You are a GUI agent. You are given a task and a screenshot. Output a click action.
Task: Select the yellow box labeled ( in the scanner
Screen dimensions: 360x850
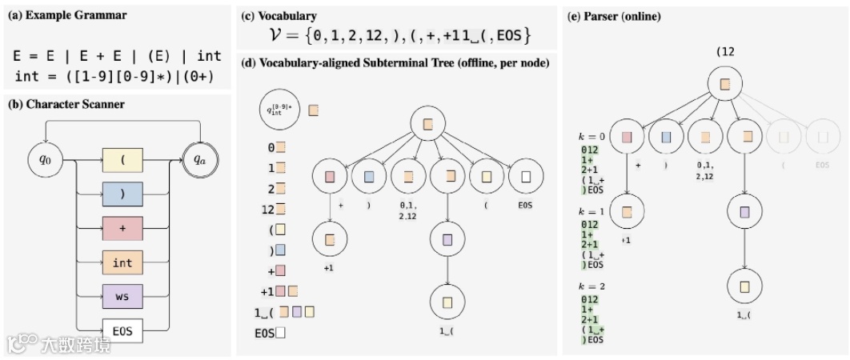tap(122, 159)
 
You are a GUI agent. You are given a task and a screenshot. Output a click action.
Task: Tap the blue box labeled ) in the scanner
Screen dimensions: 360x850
tap(122, 194)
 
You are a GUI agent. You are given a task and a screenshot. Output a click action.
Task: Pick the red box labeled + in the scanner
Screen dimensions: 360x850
tap(122, 229)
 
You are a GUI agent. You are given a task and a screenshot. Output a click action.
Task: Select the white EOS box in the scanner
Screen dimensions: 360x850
tap(122, 330)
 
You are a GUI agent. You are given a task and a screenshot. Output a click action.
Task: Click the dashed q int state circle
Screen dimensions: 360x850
tap(280, 110)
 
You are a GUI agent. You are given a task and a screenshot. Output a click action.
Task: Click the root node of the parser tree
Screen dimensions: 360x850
tap(725, 83)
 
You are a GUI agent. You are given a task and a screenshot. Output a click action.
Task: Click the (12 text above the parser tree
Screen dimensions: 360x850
tap(725, 51)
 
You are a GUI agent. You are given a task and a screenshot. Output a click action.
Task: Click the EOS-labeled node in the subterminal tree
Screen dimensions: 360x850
tap(525, 177)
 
